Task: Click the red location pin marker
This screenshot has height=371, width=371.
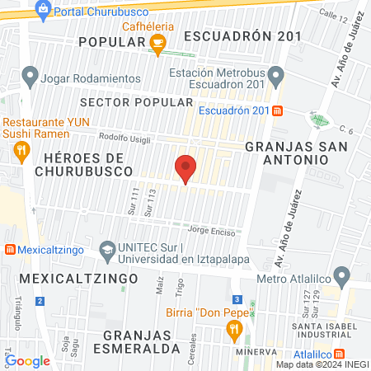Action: pos(185,169)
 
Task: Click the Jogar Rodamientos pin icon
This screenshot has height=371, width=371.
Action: pos(31,79)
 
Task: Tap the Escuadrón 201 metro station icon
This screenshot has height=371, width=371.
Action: pos(278,110)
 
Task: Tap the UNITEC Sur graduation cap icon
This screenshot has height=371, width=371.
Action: pos(107,249)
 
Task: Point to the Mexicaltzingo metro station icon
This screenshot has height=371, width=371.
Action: pos(10,249)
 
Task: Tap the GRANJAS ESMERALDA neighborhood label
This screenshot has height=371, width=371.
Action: pos(143,341)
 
